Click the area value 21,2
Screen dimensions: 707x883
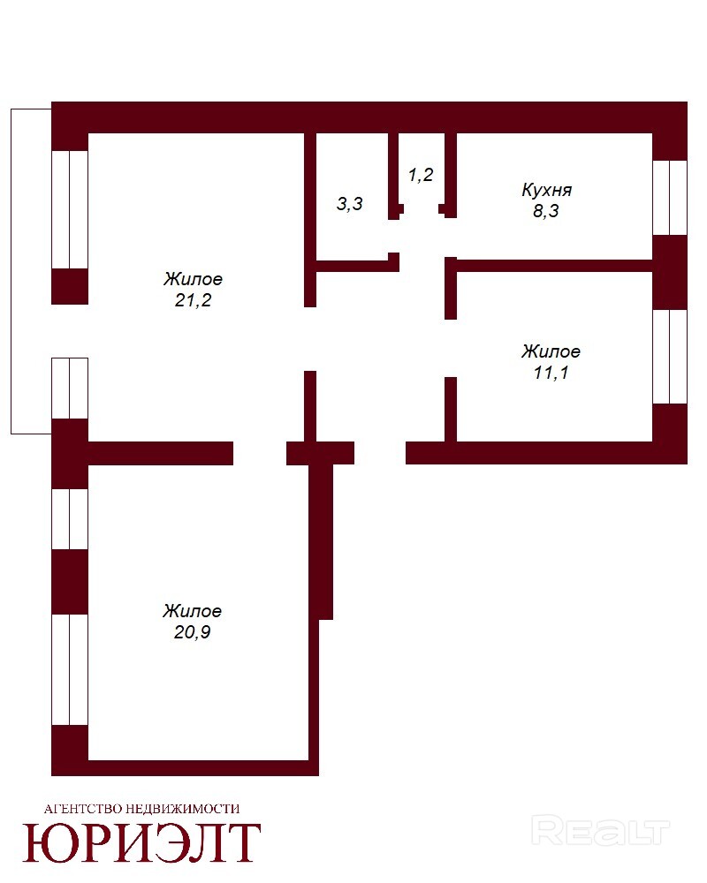tap(193, 300)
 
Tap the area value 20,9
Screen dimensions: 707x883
tap(193, 632)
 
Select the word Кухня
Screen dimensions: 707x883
tap(546, 190)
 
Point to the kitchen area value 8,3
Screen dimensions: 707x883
tap(546, 211)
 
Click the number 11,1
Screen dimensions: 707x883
tap(551, 373)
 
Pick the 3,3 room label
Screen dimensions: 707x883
tap(350, 204)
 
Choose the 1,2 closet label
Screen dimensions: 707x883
tap(421, 175)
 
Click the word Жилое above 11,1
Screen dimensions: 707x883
tap(551, 351)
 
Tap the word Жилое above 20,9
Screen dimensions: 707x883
tap(193, 610)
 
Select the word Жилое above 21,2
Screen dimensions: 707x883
tap(193, 279)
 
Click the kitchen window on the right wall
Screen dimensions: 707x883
tap(670, 198)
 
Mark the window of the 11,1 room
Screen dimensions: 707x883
tap(670, 357)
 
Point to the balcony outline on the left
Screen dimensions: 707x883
tap(11, 271)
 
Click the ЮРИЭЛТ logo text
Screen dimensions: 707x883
tap(141, 842)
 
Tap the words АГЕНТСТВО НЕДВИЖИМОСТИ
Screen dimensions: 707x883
tap(141, 809)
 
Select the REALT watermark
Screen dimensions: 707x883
tap(600, 832)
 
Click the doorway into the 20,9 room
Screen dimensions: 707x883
tap(260, 453)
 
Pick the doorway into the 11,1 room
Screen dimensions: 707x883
tap(451, 349)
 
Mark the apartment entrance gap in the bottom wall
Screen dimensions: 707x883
tap(380, 453)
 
